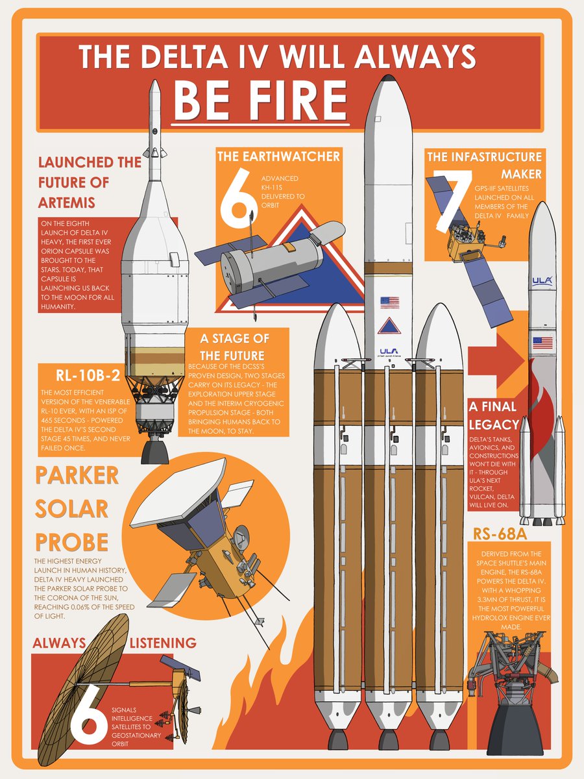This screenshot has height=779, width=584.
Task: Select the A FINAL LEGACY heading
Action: (493, 415)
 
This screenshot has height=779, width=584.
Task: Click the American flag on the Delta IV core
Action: (389, 302)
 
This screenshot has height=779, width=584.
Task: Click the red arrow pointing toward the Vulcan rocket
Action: (496, 358)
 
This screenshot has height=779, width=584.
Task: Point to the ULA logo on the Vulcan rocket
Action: (542, 280)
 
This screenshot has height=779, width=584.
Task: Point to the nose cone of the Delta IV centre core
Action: (388, 88)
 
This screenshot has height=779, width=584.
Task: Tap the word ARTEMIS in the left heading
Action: (67, 203)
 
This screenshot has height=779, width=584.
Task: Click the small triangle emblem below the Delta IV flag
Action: (389, 326)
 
